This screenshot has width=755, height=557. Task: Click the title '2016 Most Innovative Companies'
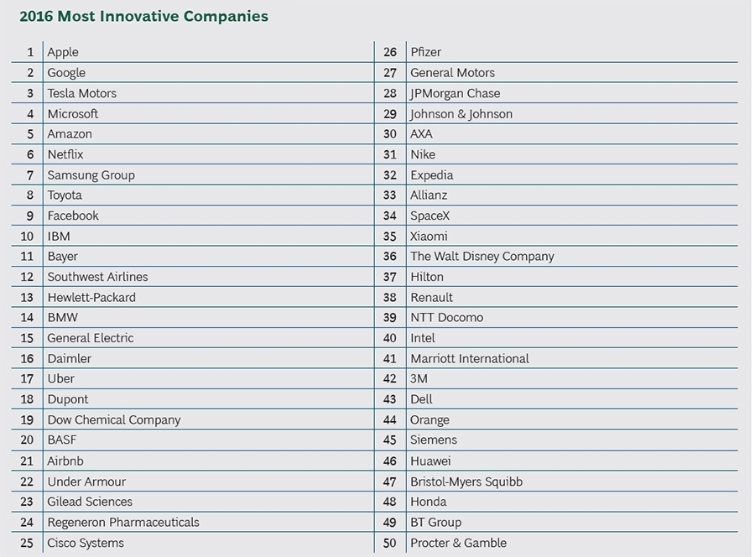143,17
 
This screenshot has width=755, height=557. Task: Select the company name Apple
63,52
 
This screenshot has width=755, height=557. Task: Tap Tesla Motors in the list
81,93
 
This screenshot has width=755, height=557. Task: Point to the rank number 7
29,175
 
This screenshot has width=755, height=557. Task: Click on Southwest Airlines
97,277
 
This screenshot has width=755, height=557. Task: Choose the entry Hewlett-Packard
91,297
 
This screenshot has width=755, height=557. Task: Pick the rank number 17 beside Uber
27,379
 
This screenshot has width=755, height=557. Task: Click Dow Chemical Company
113,419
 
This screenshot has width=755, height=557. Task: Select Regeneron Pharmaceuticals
123,522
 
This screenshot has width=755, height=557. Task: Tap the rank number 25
27,543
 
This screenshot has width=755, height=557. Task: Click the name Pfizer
425,52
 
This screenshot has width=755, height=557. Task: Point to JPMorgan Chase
455,93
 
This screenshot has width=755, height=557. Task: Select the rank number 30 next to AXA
390,134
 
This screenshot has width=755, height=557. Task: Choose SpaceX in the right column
430,216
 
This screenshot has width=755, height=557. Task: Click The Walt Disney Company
482,257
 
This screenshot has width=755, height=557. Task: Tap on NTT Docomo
446,318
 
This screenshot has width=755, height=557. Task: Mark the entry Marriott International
469,358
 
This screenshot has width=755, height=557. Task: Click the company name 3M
419,379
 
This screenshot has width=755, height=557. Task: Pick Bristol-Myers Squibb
466,482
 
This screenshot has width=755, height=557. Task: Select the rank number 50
390,543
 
